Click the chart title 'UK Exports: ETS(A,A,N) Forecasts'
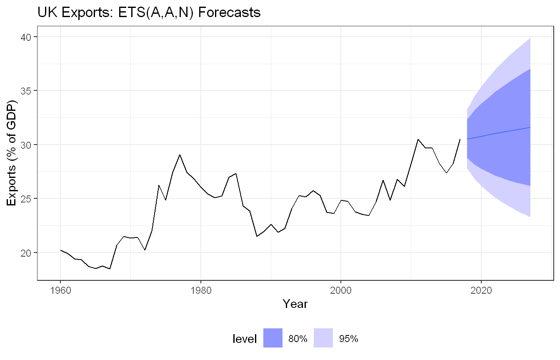pyautogui.click(x=149, y=12)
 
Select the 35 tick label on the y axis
pyautogui.click(x=25, y=91)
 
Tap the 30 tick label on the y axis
pyautogui.click(x=25, y=145)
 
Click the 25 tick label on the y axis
pyautogui.click(x=25, y=199)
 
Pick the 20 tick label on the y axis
pyautogui.click(x=25, y=253)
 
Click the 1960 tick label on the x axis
pyautogui.click(x=60, y=290)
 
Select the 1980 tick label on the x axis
pyautogui.click(x=201, y=290)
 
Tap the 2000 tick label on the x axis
pyautogui.click(x=341, y=290)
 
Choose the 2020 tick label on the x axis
pyautogui.click(x=481, y=290)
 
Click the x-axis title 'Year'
pyautogui.click(x=295, y=304)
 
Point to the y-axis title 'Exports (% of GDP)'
pyautogui.click(x=11, y=153)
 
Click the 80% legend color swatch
pyautogui.click(x=273, y=338)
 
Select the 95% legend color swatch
pyautogui.click(x=323, y=338)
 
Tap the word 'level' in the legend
pyautogui.click(x=245, y=339)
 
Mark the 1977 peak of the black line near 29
pyautogui.click(x=180, y=155)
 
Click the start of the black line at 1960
pyautogui.click(x=60, y=250)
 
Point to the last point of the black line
pyautogui.click(x=460, y=139)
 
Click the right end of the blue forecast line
pyautogui.click(x=530, y=127)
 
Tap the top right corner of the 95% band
pyautogui.click(x=530, y=38)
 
